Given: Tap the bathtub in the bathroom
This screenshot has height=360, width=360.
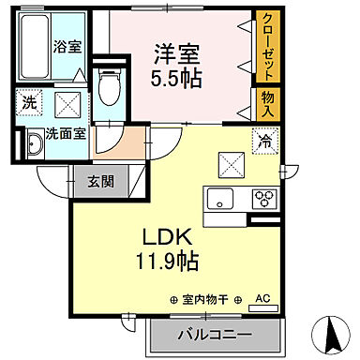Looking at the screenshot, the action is [32, 47].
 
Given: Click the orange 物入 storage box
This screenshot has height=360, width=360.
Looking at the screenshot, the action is [267, 104].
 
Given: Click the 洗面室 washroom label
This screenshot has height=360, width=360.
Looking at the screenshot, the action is [67, 133].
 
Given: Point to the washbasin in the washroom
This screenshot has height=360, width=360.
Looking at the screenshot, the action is [35, 143].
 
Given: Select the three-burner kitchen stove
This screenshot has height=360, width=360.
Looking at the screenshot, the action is [263, 199].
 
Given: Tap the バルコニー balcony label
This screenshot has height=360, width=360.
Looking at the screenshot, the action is [212, 333].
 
